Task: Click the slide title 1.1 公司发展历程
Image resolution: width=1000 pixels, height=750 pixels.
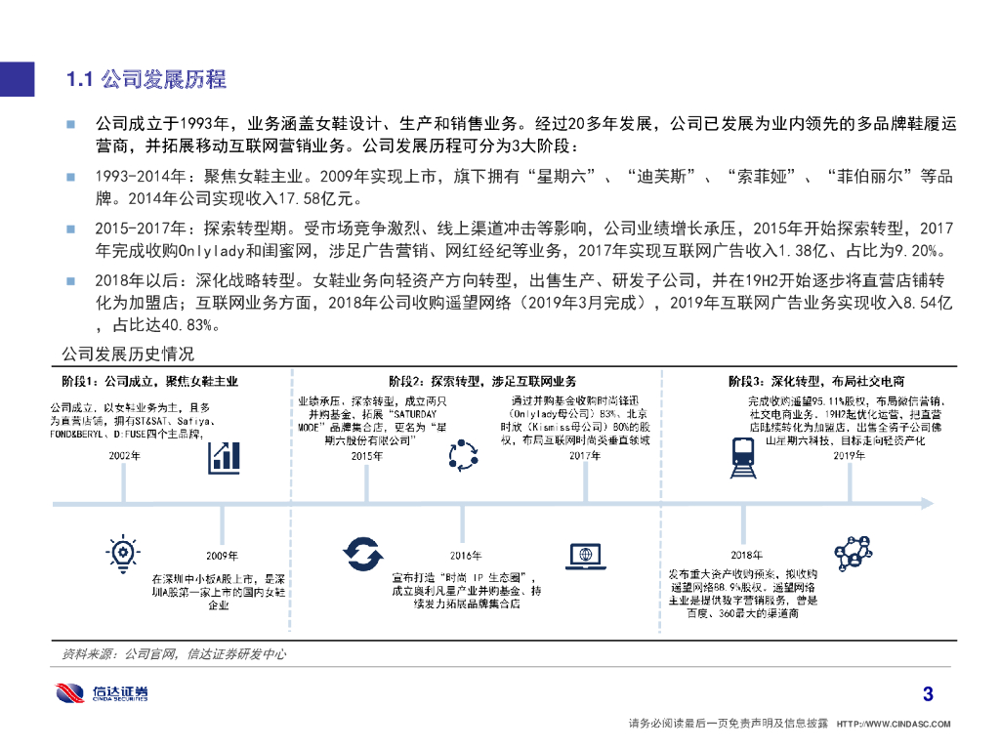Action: click(146, 79)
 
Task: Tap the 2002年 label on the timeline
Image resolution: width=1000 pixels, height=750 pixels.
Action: click(124, 456)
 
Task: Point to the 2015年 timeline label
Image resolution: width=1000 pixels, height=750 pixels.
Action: click(366, 456)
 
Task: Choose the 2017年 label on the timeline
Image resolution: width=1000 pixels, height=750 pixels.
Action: click(585, 456)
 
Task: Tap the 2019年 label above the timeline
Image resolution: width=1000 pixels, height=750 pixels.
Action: click(847, 456)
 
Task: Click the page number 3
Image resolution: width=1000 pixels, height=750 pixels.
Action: click(928, 695)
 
